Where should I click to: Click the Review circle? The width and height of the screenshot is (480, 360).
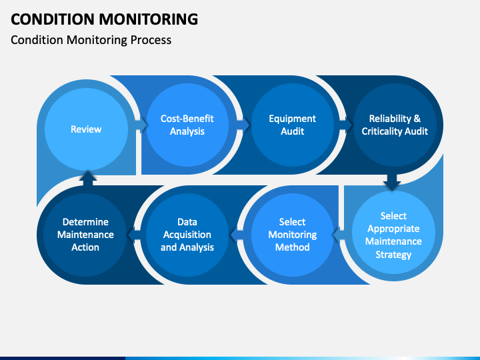click(86, 129)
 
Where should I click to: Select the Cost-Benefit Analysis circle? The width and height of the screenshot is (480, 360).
click(187, 125)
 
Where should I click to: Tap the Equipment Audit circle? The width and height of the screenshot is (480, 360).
click(293, 125)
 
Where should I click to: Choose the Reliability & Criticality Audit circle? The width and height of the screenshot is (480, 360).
click(395, 125)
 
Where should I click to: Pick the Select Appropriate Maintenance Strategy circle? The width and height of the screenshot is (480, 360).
click(393, 233)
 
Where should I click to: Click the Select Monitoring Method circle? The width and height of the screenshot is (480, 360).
click(293, 235)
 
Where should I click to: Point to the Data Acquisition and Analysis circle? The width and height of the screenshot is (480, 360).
click(187, 235)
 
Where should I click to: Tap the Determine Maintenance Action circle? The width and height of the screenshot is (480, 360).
click(85, 235)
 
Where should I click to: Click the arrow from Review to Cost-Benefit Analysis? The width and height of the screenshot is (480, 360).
click(141, 125)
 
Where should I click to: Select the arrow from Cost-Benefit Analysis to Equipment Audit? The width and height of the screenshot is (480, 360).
click(244, 125)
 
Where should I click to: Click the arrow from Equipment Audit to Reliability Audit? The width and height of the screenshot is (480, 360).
click(346, 125)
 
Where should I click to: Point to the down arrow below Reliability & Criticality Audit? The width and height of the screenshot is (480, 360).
click(392, 183)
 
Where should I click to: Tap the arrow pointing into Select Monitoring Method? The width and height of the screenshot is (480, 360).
click(339, 235)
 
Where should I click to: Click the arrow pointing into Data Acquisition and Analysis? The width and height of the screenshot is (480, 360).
click(237, 235)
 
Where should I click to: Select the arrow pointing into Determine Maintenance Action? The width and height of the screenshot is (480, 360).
click(134, 235)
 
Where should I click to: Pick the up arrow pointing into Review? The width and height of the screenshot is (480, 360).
click(88, 178)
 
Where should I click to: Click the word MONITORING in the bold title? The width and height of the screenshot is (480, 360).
click(149, 19)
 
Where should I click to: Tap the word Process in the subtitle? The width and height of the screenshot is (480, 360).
click(151, 40)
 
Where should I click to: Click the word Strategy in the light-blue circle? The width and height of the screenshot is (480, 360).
click(393, 255)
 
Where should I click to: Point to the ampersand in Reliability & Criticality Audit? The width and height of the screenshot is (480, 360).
click(417, 119)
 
